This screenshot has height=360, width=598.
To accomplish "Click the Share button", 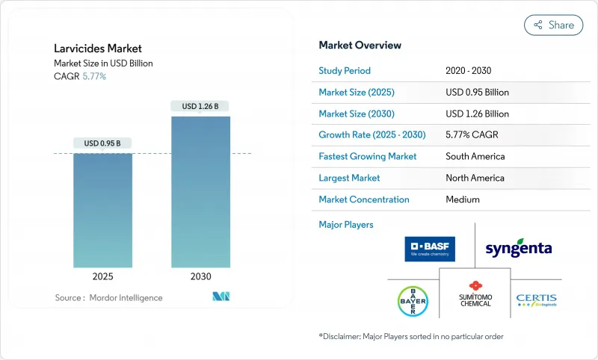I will (553, 25).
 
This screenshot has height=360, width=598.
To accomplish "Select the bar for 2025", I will (102, 211).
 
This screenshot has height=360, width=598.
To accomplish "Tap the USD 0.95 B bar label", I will (102, 143).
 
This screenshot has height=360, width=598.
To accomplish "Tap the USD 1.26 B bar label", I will (200, 106).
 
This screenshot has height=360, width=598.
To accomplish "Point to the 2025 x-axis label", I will (102, 276).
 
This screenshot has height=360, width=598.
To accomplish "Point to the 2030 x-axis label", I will (200, 276).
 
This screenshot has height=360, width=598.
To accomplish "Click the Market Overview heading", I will (360, 46).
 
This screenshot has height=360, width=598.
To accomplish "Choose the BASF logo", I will (430, 249).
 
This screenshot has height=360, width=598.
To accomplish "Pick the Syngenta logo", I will (519, 248).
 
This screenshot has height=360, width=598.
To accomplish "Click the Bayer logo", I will (413, 300).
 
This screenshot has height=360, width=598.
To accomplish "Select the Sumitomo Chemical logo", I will (475, 294).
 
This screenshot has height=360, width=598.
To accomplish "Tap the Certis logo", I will (536, 300).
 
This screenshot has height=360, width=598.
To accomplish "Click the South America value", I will (475, 157).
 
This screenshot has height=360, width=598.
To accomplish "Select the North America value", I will (475, 178).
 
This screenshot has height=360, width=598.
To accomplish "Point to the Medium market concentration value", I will (462, 199).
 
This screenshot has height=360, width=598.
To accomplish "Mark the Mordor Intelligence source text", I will (108, 298).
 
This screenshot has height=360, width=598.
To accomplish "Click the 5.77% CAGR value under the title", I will (93, 77).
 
